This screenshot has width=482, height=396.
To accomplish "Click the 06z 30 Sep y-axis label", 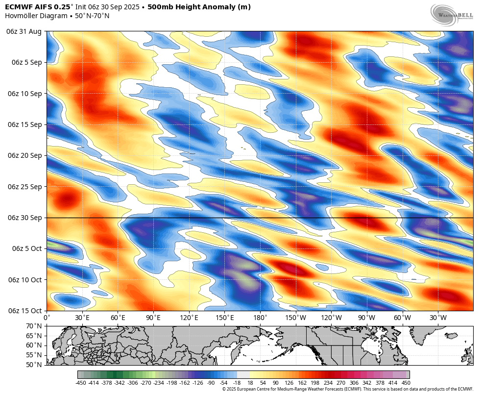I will (24, 218).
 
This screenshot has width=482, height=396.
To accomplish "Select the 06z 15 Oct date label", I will (24, 311).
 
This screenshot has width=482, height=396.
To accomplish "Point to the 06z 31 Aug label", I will (24, 31).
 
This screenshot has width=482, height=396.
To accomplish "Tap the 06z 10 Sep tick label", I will (24, 94).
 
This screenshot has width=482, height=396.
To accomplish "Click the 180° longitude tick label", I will (260, 318).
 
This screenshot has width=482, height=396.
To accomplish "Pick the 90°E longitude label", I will (153, 318).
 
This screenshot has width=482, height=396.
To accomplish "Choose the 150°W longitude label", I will (295, 318).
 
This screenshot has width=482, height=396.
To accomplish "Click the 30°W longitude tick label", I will (438, 318).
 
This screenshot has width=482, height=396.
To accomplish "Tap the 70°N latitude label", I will (34, 326).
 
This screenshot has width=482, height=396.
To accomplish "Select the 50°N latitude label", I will (34, 365).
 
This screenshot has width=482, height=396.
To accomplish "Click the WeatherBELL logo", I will (452, 14).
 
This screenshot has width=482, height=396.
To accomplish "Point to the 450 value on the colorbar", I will (406, 383).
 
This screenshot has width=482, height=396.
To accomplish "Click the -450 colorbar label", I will (81, 383).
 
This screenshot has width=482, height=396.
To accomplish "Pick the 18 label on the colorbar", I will (250, 383).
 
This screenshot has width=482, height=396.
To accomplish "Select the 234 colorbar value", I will (328, 383).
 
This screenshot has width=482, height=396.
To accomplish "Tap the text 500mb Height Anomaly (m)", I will (199, 7).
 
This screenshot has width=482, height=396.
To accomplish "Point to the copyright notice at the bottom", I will (348, 389).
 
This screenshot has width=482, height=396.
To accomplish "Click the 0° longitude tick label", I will (47, 318).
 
